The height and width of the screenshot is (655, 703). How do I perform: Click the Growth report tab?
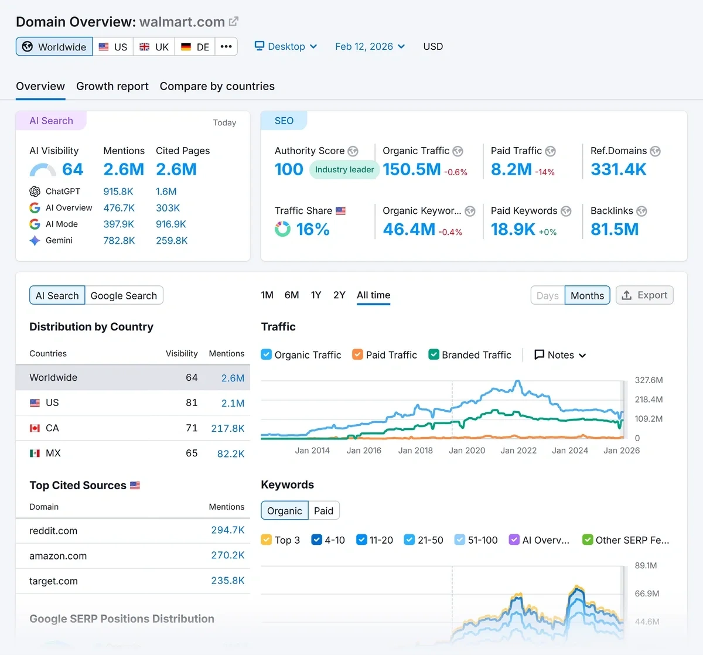point(112,86)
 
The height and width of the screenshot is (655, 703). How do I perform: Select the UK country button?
point(154,47)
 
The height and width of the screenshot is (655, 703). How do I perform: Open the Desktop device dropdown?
point(286,46)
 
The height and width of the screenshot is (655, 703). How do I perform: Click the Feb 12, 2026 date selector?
point(370,46)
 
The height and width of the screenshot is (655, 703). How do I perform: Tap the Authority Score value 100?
point(289,169)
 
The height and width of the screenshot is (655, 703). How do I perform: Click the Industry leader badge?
point(344,169)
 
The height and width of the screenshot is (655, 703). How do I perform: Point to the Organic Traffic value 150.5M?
point(411,169)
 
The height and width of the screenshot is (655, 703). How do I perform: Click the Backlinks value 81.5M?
point(615,229)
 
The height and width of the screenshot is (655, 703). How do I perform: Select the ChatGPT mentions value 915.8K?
point(118,192)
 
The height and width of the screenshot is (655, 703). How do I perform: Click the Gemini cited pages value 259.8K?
point(172,241)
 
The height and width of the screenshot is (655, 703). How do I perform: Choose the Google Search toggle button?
point(124,296)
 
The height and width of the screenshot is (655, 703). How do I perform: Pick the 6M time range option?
point(292,295)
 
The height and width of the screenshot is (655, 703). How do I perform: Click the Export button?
point(644,295)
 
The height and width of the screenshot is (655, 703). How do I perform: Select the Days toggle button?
point(547,296)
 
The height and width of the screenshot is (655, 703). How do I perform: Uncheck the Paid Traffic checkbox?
point(357,354)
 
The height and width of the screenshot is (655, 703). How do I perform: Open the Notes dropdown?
point(560,355)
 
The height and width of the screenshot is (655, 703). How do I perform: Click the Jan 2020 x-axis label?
point(467,451)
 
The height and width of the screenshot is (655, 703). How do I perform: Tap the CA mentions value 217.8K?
point(227,428)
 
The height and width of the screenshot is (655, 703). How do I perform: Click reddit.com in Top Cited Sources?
point(53,531)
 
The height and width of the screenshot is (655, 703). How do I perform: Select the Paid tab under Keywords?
point(323,511)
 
